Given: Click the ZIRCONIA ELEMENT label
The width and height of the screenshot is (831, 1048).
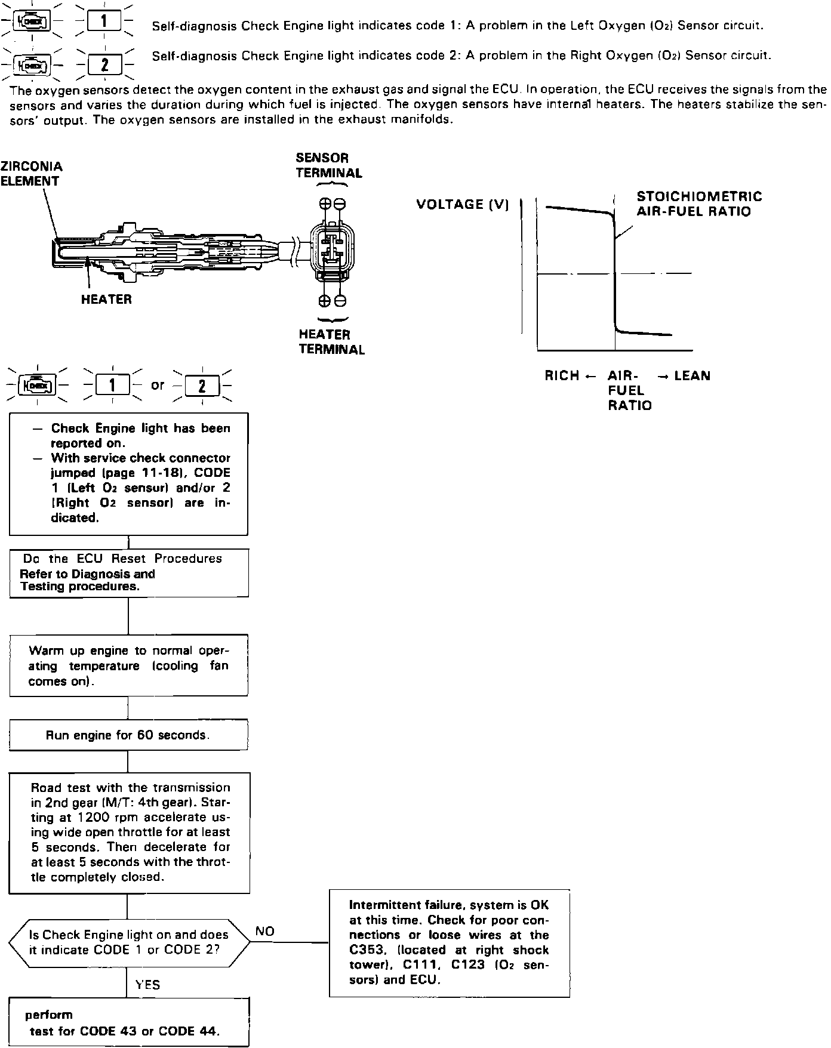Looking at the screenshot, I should (x=31, y=174).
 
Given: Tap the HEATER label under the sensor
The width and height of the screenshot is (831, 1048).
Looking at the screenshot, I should (x=106, y=300).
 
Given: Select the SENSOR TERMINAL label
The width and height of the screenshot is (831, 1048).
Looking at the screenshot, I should (x=328, y=165).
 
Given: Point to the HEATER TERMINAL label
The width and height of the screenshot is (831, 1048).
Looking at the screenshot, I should (x=331, y=342).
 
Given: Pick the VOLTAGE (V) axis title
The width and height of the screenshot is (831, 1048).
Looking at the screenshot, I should (x=463, y=205).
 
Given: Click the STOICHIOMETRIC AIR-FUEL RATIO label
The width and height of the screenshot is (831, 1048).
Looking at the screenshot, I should (x=699, y=204).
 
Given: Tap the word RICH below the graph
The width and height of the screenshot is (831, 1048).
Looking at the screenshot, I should (x=562, y=376).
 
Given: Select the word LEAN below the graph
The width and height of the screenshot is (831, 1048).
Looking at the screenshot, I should (x=692, y=376).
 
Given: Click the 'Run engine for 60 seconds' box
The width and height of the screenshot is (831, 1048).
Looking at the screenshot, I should (x=128, y=735).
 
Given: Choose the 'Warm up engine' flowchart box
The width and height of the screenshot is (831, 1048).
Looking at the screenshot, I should (x=128, y=665).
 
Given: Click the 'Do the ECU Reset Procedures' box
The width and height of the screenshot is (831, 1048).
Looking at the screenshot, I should (x=128, y=572).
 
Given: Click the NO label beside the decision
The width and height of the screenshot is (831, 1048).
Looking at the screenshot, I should (x=264, y=932).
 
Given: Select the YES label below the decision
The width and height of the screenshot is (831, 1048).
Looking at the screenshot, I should (x=147, y=985).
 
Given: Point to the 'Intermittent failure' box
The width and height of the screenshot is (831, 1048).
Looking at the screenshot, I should (x=449, y=943).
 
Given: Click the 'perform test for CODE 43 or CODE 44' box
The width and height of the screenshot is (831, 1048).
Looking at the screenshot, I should (x=128, y=1022).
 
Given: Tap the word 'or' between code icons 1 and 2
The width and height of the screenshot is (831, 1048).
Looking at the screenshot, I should (x=158, y=385).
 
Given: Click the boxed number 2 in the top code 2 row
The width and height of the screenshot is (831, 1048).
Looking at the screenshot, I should (x=104, y=64).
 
